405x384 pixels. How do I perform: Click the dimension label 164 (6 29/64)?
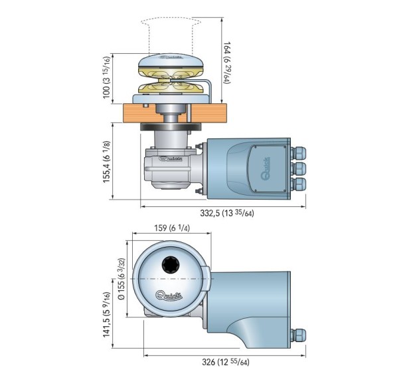click(x=227, y=63)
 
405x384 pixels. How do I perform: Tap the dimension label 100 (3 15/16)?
click(x=107, y=77)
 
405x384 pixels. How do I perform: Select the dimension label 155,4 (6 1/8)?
click(x=107, y=162)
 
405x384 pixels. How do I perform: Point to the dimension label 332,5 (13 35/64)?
click(x=227, y=214)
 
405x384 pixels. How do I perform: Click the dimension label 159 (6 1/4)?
click(x=172, y=228)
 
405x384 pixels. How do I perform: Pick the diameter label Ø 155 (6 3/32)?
click(x=121, y=279)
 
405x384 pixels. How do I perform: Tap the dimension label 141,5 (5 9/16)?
click(x=107, y=315)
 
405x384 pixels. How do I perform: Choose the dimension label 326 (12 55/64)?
click(x=226, y=362)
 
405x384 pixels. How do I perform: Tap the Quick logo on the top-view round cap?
click(x=169, y=295)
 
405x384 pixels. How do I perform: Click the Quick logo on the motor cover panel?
click(x=266, y=168)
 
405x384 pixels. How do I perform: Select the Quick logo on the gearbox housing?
click(x=171, y=159)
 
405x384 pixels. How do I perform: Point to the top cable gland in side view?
click(x=298, y=153)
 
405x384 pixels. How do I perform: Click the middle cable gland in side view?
click(x=298, y=168)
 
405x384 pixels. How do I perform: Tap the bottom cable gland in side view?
click(x=298, y=184)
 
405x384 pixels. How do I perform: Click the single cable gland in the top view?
click(x=298, y=335)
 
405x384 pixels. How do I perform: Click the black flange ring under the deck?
click(x=171, y=127)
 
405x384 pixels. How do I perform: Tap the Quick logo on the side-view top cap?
click(x=171, y=57)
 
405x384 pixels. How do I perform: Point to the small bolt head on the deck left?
click(x=146, y=105)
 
